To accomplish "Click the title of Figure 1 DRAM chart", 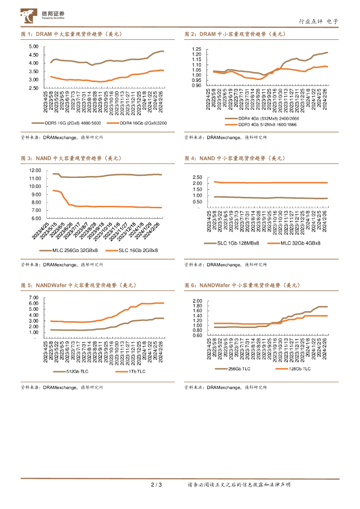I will click(x=71, y=34).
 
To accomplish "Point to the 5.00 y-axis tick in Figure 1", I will click(x=34, y=47).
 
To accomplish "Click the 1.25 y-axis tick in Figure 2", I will click(x=196, y=49).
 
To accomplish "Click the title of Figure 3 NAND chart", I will click(x=71, y=158).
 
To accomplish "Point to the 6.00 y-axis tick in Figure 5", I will click(x=34, y=303).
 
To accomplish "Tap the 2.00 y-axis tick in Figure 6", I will click(x=196, y=301).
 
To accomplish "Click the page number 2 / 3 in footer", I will click(x=156, y=485).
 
